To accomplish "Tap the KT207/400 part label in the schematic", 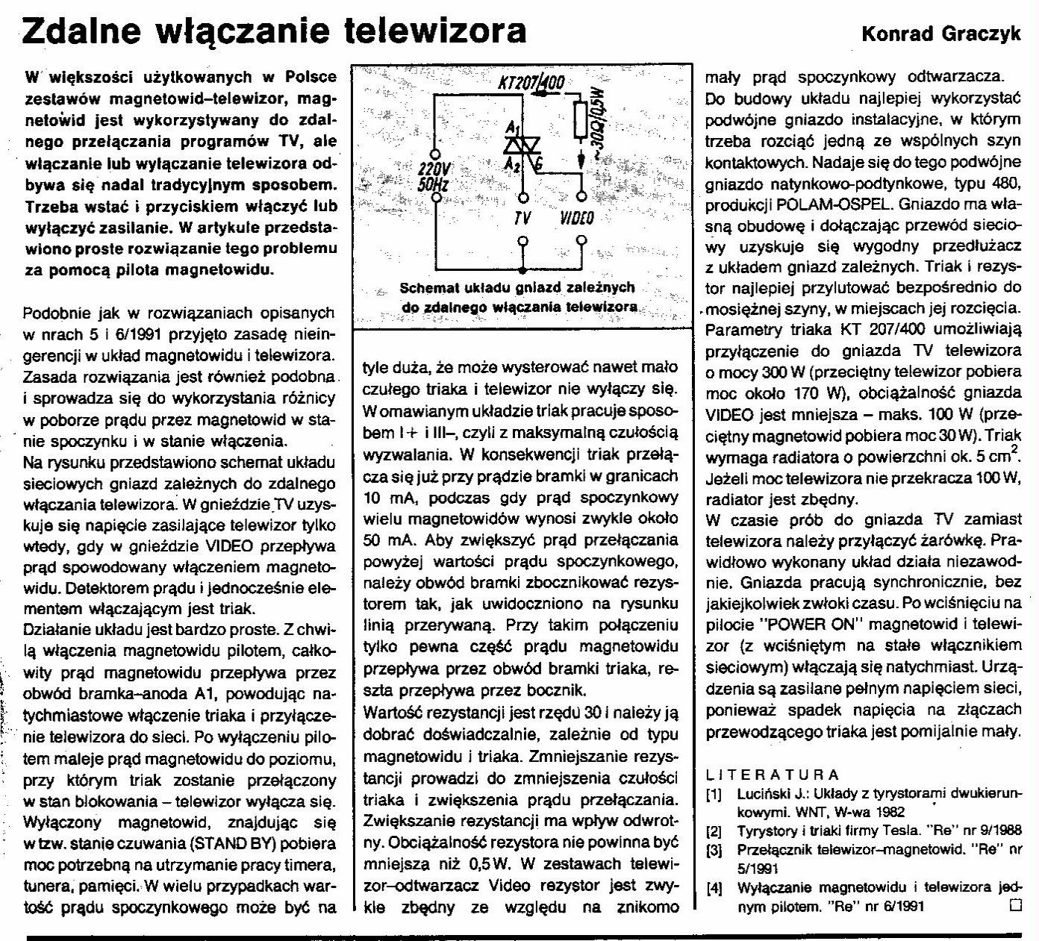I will pyautogui.click(x=531, y=83).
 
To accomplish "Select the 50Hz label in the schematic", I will pyautogui.click(x=432, y=184).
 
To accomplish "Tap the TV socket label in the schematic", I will pyautogui.click(x=522, y=219).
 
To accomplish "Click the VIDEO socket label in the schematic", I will pyautogui.click(x=576, y=219).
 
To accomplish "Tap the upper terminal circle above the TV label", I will pyautogui.click(x=522, y=198).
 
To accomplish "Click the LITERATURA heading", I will pyautogui.click(x=773, y=775).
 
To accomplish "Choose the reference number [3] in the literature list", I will pyautogui.click(x=714, y=849).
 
